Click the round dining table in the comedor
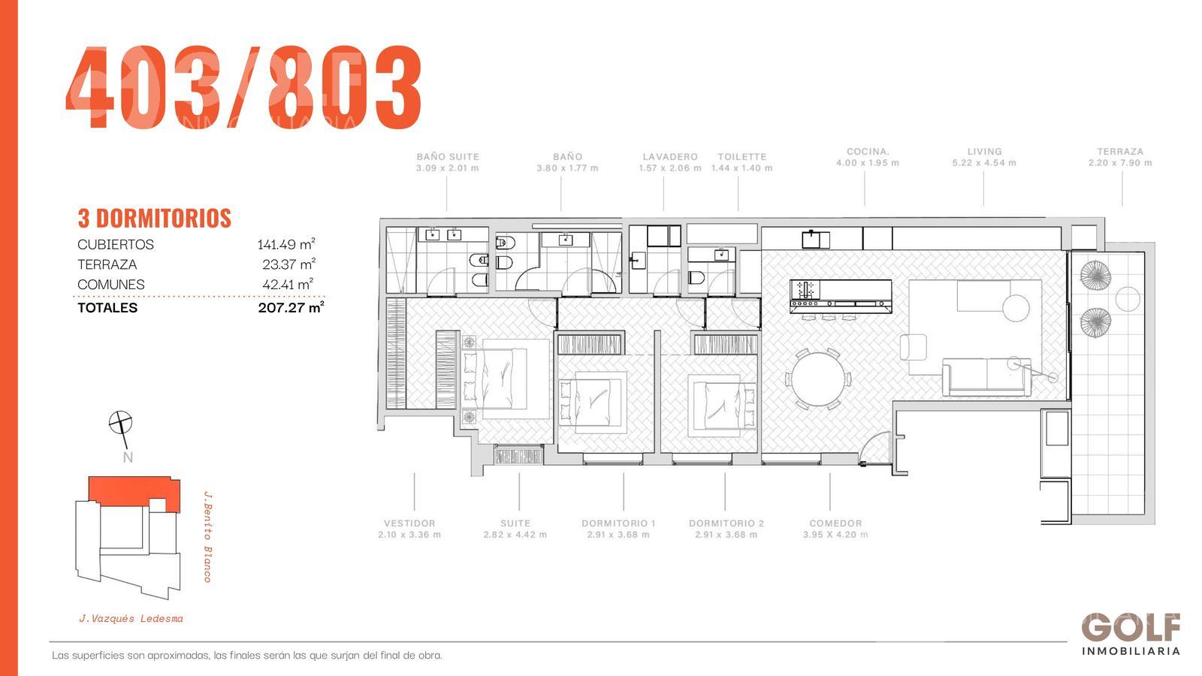[x=818, y=379]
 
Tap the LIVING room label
[x=984, y=151]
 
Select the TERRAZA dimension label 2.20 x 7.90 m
[x=1120, y=162]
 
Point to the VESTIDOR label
[x=409, y=523]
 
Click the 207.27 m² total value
[x=291, y=307]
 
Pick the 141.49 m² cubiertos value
[x=286, y=244]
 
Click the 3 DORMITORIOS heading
[x=155, y=219]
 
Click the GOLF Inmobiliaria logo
[x=1131, y=634]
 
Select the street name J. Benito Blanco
[x=207, y=536]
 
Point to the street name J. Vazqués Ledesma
[x=131, y=619]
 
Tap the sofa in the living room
[x=987, y=377]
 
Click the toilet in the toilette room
[x=696, y=278]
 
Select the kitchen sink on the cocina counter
[x=816, y=240]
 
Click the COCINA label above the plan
[x=868, y=151]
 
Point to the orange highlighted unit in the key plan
[x=134, y=492]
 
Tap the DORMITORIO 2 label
[x=726, y=523]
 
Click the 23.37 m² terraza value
[x=288, y=264]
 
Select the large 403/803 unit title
[x=244, y=87]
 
